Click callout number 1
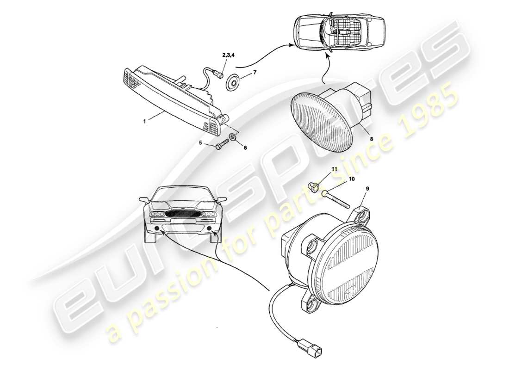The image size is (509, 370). pyautogui.click(x=145, y=121)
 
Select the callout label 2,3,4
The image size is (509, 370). pyautogui.click(x=228, y=55)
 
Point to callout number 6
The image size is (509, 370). pyautogui.click(x=245, y=148)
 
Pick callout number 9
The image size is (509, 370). pyautogui.click(x=367, y=189)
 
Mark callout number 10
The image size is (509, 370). pyautogui.click(x=351, y=179)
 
